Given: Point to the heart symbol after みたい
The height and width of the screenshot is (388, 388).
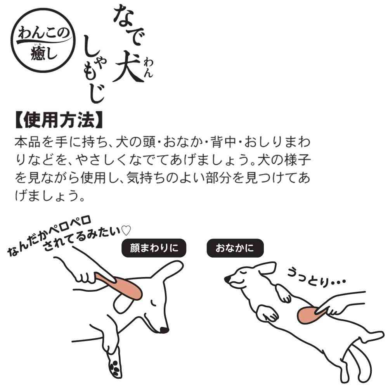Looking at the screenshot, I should (x=126, y=230).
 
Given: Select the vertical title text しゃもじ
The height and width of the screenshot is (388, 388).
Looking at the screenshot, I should (x=94, y=72).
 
